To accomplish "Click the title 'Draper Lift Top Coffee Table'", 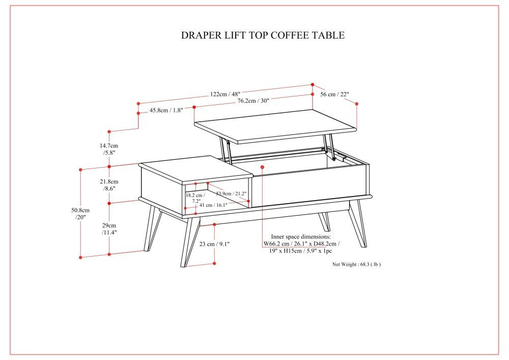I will (x=263, y=35).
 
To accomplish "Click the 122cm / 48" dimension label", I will (x=225, y=94).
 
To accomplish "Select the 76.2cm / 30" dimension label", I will (x=253, y=101).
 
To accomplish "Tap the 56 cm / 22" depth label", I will (x=334, y=94).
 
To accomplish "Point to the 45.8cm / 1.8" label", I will (x=166, y=110).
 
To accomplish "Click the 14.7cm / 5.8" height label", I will (x=108, y=149).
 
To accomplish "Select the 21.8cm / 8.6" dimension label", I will (x=108, y=185).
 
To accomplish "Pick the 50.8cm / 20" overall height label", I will (x=79, y=213).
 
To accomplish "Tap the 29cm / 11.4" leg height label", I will (x=108, y=229).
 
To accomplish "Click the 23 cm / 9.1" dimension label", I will (x=214, y=244).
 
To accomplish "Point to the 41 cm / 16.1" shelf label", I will (x=213, y=205).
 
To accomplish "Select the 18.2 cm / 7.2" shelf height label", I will (x=195, y=198).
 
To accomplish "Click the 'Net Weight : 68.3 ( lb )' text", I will (x=356, y=264).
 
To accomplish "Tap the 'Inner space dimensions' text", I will (x=300, y=237).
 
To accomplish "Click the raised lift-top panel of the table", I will (x=275, y=125).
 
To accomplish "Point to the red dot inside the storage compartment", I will (x=262, y=166).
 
